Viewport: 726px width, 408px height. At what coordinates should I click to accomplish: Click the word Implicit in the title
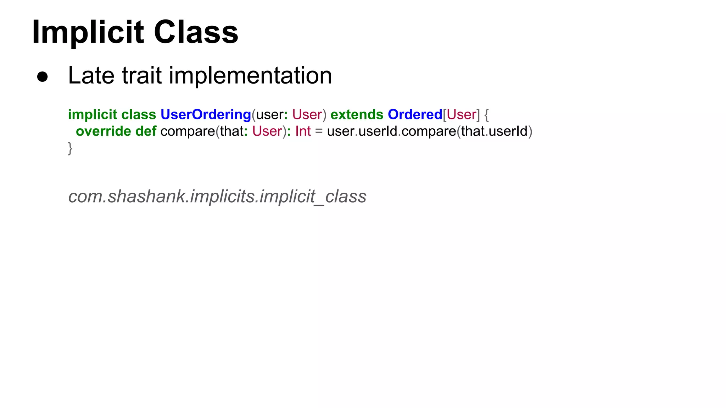tap(88, 33)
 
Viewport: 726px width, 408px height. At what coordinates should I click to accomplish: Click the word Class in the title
tap(196, 33)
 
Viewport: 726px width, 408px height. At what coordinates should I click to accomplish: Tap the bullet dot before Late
tap(43, 77)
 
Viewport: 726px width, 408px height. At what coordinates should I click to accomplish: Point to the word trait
tap(142, 75)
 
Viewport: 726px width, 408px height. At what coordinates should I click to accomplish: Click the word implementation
tap(250, 75)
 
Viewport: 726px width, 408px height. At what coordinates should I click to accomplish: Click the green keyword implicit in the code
tap(93, 115)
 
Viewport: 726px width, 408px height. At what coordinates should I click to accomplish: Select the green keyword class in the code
tap(139, 115)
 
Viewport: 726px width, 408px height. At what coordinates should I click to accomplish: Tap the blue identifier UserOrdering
tap(206, 115)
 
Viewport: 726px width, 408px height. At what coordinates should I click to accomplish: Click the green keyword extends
tap(357, 115)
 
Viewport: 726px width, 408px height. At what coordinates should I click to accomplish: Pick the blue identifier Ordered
tap(415, 115)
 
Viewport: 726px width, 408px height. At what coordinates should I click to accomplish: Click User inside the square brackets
tap(461, 115)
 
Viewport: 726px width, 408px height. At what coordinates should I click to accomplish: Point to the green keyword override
tap(104, 131)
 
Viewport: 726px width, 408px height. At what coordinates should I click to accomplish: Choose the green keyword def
tap(146, 131)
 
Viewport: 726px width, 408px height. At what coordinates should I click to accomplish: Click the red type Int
tap(303, 131)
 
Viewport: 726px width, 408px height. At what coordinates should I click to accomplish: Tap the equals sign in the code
tap(319, 131)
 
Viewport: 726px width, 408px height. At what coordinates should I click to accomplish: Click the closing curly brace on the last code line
tap(70, 148)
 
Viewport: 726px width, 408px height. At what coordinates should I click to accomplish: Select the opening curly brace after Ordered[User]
tap(486, 115)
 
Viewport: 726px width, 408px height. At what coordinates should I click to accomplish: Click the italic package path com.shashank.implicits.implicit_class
tap(217, 197)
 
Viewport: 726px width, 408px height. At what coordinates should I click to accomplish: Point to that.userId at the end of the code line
tap(495, 131)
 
